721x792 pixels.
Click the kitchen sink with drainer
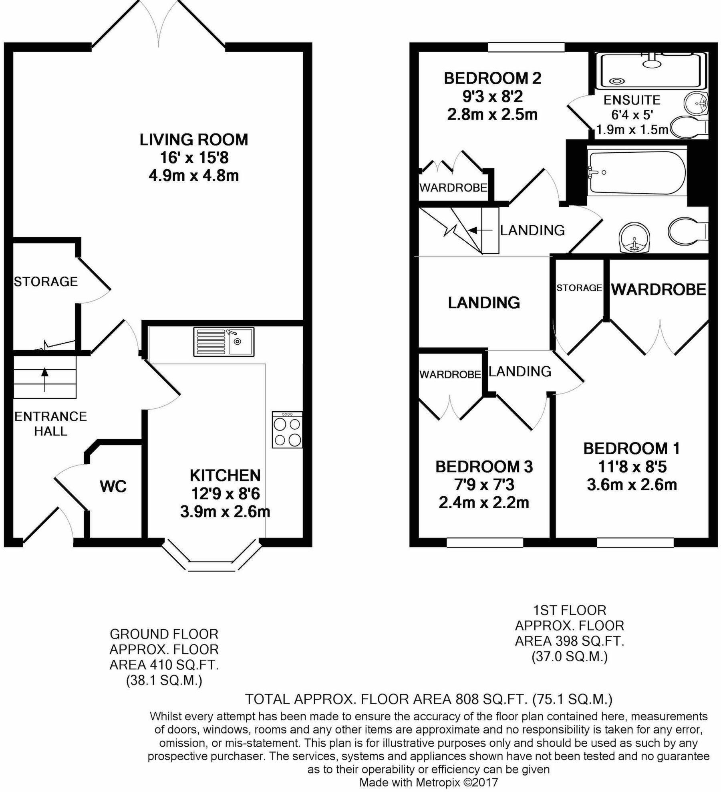pos(224,341)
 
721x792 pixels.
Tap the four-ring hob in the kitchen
pos(287,430)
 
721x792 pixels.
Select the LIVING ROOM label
pos(194,139)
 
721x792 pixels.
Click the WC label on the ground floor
pos(113,486)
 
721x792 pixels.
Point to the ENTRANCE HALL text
pos(50,424)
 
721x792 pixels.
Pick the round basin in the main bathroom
pos(634,238)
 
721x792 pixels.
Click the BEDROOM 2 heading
pos(492,78)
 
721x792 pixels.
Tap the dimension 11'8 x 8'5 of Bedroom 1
pos(632,467)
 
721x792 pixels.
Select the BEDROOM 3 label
pos(484,467)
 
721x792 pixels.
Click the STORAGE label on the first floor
pos(579,287)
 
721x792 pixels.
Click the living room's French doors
pos(159,24)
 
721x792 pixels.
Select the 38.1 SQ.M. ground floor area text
pos(164,681)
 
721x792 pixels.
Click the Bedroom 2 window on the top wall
pos(526,47)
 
